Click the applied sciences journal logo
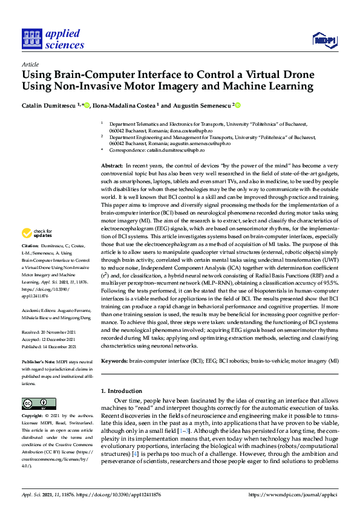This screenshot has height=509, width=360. [x=53, y=38]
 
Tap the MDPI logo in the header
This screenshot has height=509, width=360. [x=324, y=40]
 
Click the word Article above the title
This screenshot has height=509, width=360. [x=30, y=64]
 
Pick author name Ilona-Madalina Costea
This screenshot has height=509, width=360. [x=125, y=105]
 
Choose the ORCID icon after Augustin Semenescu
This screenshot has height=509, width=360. [x=238, y=105]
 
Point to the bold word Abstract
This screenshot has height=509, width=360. [x=112, y=166]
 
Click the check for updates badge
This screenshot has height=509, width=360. [x=37, y=233]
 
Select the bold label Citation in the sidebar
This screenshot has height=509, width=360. [x=30, y=246]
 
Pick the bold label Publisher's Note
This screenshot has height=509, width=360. [x=39, y=360]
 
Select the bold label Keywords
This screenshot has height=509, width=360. [x=114, y=361]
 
